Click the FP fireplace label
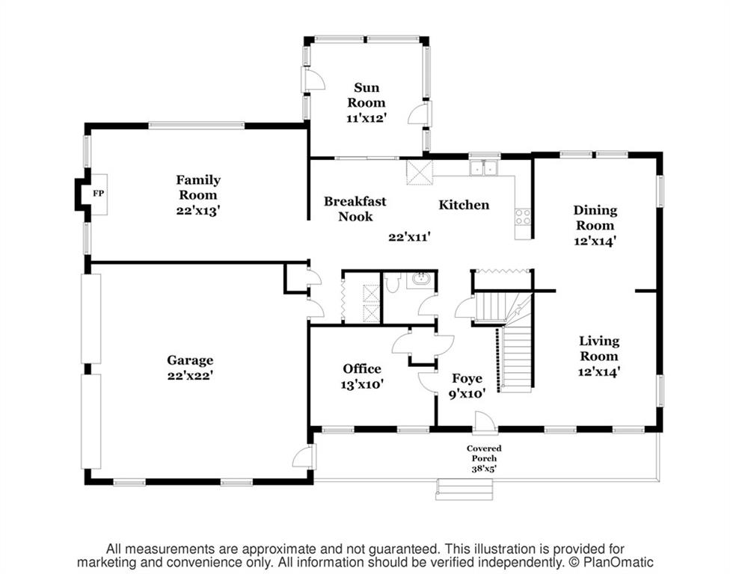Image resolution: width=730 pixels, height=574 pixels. (x=98, y=194)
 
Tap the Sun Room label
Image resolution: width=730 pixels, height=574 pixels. (x=366, y=95)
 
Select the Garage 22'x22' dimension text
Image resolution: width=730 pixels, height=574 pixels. (x=191, y=375)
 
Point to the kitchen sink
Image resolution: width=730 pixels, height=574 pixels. (x=484, y=167)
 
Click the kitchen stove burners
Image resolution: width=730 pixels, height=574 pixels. (x=523, y=217)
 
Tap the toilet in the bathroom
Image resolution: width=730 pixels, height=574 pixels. (x=393, y=283)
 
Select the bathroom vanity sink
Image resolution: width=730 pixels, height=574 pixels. (x=420, y=280)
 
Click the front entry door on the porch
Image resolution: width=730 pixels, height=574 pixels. (x=485, y=423)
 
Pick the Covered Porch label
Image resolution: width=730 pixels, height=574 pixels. (x=484, y=453)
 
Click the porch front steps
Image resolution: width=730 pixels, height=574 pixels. (x=464, y=489)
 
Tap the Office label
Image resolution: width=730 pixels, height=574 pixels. (x=362, y=369)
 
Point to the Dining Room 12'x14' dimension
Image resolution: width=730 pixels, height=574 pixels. (x=595, y=241)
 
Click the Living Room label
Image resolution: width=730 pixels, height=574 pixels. (x=598, y=348)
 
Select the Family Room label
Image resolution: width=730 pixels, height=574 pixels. (x=198, y=187)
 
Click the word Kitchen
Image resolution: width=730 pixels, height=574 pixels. (x=464, y=205)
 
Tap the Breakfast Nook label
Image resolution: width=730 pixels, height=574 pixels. (x=355, y=209)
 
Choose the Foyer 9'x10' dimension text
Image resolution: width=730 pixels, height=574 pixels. (x=467, y=394)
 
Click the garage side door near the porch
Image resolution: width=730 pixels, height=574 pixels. (x=304, y=456)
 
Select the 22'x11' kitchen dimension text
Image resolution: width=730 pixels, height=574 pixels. (x=409, y=237)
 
